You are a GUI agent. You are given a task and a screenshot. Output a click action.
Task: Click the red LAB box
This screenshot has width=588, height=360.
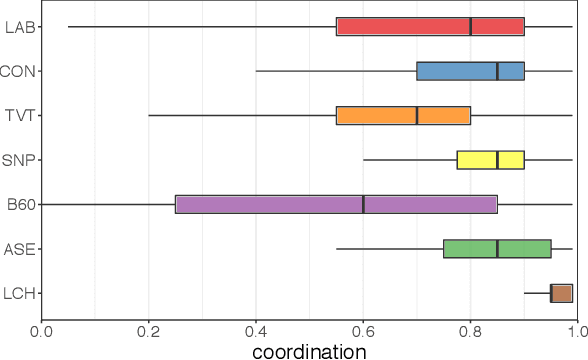pyautogui.click(x=430, y=26)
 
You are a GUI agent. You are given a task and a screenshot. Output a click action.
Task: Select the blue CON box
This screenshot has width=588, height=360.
pyautogui.click(x=470, y=71)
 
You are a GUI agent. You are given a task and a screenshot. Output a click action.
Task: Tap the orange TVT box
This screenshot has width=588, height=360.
pyautogui.click(x=403, y=115)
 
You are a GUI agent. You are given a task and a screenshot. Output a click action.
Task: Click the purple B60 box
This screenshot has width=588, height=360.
pyautogui.click(x=336, y=204)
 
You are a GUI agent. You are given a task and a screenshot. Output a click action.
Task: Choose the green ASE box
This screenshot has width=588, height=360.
pyautogui.click(x=497, y=248)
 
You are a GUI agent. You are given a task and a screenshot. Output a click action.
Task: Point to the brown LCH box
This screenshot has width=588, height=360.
pyautogui.click(x=561, y=293)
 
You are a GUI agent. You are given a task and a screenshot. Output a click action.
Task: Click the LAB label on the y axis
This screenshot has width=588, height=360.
pyautogui.click(x=17, y=27)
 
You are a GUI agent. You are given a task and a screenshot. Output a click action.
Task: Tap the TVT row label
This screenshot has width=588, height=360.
pyautogui.click(x=18, y=116)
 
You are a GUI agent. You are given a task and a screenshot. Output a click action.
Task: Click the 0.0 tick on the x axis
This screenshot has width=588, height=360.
pyautogui.click(x=41, y=328)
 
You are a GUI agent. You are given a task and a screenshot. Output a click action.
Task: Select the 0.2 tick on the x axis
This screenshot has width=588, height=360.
pyautogui.click(x=148, y=328)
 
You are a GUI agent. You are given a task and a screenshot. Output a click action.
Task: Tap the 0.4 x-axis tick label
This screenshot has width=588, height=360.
pyautogui.click(x=256, y=328)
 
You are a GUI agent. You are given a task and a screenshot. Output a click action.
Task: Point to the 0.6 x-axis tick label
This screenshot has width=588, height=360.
pyautogui.click(x=363, y=328)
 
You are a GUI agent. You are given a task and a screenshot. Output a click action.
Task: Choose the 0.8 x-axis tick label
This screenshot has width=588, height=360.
pyautogui.click(x=470, y=328)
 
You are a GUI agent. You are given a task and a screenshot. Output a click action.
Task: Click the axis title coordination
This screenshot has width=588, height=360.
pyautogui.click(x=309, y=350)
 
